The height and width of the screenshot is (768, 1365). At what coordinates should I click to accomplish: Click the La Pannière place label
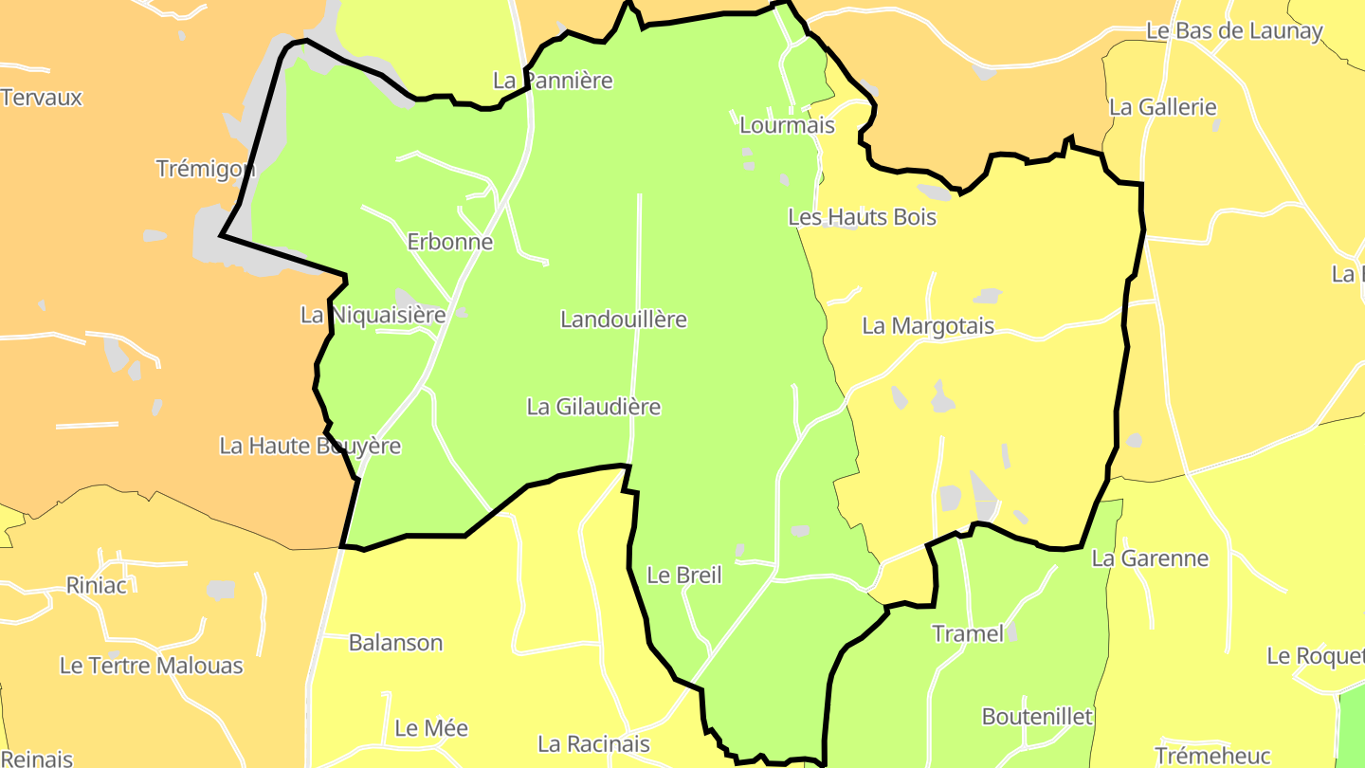553,81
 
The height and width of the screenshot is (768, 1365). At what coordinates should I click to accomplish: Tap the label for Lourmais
787,125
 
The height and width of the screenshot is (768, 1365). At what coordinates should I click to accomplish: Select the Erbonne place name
450,242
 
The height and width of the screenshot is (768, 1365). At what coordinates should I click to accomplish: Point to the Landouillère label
624,320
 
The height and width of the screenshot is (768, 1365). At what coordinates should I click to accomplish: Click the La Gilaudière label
593,407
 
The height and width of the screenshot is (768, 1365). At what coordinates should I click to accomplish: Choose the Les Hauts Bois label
862,217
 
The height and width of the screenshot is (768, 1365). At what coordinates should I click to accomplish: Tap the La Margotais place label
928,326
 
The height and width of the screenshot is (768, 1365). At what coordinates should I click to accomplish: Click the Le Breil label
684,575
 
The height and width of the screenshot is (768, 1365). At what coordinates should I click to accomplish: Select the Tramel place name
968,633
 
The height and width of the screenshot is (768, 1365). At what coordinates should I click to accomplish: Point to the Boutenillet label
1037,716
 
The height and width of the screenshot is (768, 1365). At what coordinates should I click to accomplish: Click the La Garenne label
1150,558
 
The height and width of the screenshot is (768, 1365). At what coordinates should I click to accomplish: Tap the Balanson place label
395,643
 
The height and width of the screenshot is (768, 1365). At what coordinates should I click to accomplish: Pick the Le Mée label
431,728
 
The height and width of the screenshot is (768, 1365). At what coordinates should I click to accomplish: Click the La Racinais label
593,743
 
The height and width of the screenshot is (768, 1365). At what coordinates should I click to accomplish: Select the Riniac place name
97,585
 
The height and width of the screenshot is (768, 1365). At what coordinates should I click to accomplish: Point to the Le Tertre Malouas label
152,666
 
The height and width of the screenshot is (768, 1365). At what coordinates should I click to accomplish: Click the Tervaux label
42,98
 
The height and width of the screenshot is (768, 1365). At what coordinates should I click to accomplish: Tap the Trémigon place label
206,169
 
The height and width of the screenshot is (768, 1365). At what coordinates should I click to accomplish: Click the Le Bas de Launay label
1234,30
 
